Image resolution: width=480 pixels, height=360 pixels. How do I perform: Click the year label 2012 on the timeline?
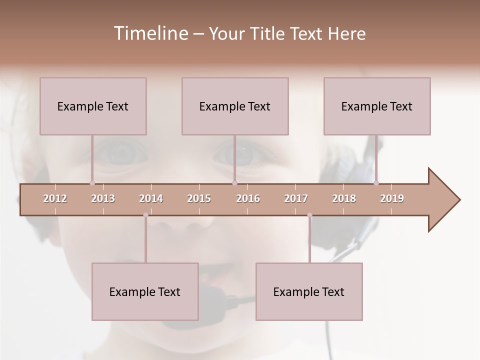[x=55, y=198]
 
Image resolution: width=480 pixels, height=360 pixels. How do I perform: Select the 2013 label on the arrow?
[x=103, y=198]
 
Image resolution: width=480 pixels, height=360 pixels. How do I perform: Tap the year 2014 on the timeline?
[x=151, y=198]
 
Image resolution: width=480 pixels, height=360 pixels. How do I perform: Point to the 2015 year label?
[x=199, y=198]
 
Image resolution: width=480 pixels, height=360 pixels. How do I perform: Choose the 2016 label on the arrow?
[x=248, y=198]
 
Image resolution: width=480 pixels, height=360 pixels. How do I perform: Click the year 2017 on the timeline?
[x=296, y=198]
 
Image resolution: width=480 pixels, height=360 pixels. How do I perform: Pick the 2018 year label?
[x=344, y=198]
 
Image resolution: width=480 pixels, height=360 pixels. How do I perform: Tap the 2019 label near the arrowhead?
[x=392, y=198]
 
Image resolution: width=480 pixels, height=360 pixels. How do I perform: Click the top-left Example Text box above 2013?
[x=93, y=106]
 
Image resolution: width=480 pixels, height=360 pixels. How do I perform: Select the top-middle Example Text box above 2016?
[x=235, y=106]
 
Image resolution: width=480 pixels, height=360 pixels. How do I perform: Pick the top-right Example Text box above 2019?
[x=377, y=106]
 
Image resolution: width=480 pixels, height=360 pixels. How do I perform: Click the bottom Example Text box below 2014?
[x=145, y=291]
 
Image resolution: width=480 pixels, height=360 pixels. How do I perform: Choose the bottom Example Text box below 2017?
[x=309, y=291]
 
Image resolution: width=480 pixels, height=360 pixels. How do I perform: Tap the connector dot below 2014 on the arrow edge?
[x=145, y=215]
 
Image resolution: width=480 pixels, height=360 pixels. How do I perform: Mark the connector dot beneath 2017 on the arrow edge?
[x=309, y=215]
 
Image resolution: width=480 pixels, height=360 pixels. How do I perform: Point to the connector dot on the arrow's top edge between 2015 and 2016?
[x=234, y=183]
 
